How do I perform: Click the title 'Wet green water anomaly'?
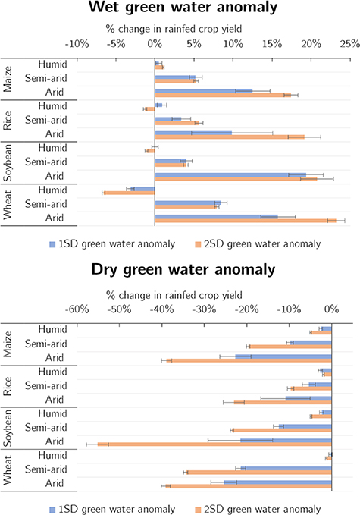tap(180, 9)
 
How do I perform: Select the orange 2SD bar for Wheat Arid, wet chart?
tap(245, 221)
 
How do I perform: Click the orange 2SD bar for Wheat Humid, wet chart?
tap(129, 193)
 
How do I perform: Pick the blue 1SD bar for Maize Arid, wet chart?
tap(203, 91)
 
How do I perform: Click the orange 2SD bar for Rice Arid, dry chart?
tap(283, 402)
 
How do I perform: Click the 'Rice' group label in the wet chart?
tap(8, 120)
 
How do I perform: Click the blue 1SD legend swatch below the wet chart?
tap(53, 244)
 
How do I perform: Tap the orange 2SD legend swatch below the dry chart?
tap(199, 508)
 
